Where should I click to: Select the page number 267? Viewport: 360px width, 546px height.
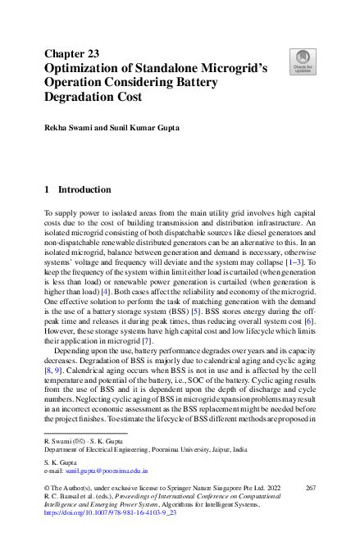(x=310, y=487)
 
